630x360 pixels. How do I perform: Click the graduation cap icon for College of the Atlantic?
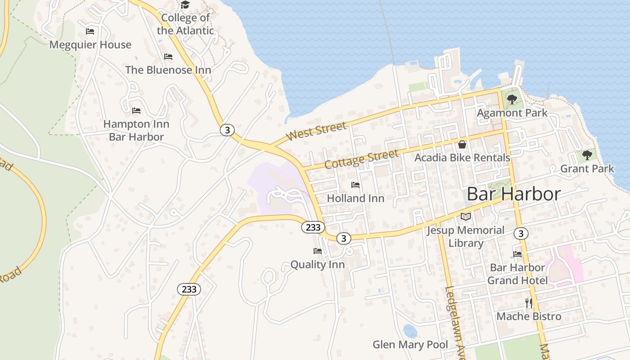tap(185, 5)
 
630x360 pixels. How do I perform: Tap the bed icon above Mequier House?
tap(90, 31)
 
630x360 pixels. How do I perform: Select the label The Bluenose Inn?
tap(168, 70)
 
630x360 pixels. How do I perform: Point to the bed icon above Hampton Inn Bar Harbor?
tap(136, 110)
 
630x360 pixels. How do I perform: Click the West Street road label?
tap(316, 130)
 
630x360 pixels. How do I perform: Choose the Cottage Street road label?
tap(361, 159)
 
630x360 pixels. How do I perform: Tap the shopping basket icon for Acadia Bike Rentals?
tap(462, 144)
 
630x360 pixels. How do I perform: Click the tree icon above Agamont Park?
tap(512, 99)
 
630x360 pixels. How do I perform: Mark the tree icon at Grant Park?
tap(587, 155)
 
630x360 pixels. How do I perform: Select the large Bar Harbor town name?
tap(513, 194)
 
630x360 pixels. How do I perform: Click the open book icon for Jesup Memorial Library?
tap(465, 217)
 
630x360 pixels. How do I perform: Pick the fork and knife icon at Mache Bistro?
tap(529, 303)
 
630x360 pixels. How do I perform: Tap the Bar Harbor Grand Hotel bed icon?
tap(517, 254)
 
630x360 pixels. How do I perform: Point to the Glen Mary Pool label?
tap(410, 345)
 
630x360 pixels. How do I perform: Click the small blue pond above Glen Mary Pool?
tap(409, 331)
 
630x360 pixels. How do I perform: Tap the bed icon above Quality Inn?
tap(318, 251)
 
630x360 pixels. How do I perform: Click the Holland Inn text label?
tap(355, 198)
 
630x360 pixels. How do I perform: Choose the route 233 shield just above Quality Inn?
tap(313, 227)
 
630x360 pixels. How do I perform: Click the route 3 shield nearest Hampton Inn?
tap(227, 130)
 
